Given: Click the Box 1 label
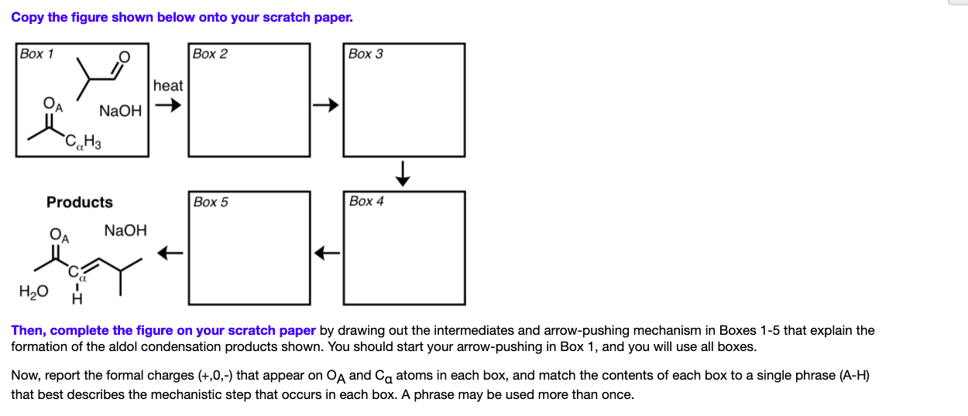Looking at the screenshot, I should (x=37, y=53).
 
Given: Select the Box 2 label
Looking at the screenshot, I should (x=210, y=53).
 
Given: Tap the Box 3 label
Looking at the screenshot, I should (x=366, y=53).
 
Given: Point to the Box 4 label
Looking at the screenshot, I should (x=366, y=201).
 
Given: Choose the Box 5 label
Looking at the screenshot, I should (x=211, y=202).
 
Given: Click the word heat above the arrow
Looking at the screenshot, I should (x=168, y=86).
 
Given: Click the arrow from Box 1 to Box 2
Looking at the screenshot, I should (x=170, y=107).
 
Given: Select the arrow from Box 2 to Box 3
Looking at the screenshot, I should (x=326, y=104).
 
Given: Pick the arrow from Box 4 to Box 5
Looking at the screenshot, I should (x=327, y=252).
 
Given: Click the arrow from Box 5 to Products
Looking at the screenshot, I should (x=170, y=252).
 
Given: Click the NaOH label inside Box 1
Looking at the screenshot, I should (x=121, y=111).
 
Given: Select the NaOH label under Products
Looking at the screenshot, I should (x=125, y=230).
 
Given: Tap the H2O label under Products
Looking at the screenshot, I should (x=33, y=292).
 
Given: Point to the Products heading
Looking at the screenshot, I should (x=79, y=203).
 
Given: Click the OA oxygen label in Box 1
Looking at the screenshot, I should (x=50, y=104).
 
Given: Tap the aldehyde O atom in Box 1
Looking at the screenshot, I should (x=124, y=58).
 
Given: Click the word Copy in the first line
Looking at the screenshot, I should (x=28, y=17).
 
